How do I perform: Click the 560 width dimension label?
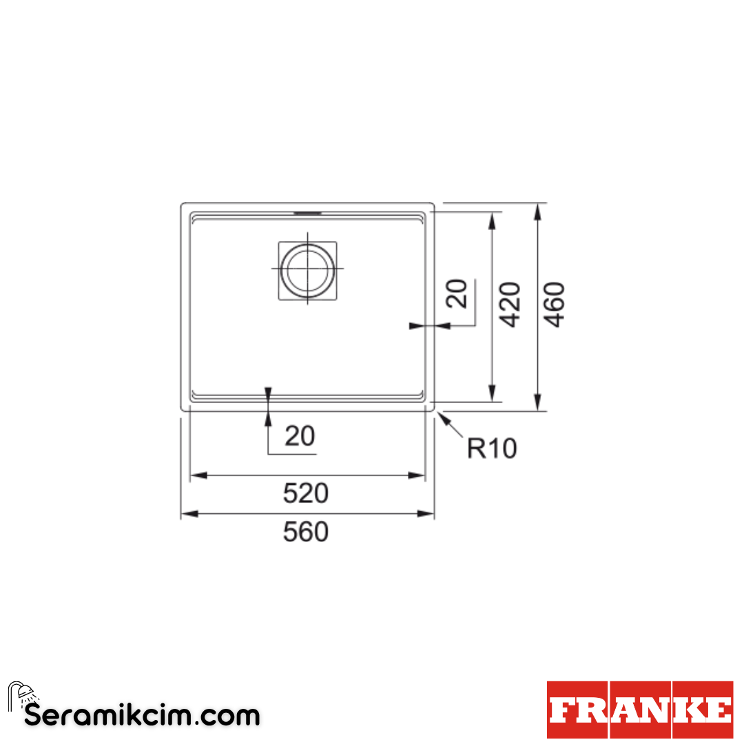pos(306,532)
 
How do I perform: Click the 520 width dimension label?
pos(306,493)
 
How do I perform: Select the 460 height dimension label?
pos(555,304)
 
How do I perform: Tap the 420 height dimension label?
pos(510,304)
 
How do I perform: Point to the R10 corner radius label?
pos(491,448)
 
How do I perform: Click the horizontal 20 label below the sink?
pos(300,436)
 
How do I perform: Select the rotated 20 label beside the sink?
pos(457,293)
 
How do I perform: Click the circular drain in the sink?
pos(307,270)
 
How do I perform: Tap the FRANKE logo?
pos(640,710)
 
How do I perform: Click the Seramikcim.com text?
pos(143,716)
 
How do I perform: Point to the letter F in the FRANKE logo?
pos(564,710)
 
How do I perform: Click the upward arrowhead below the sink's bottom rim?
pos(268,417)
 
